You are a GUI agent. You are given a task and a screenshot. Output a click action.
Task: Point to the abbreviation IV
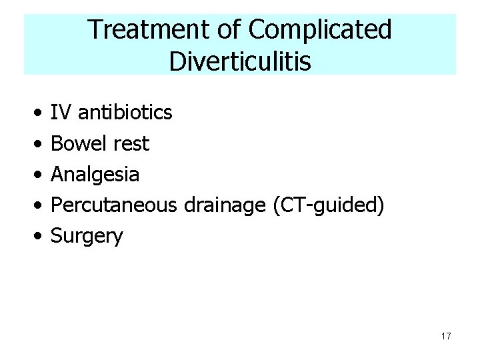pos(61,112)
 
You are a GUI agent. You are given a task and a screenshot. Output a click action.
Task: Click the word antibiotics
pos(126,112)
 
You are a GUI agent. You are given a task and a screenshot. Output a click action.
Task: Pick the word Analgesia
pos(95,175)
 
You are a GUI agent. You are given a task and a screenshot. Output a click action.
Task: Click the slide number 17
pos(445,337)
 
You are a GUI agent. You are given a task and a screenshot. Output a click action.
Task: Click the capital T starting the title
pos(94,30)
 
